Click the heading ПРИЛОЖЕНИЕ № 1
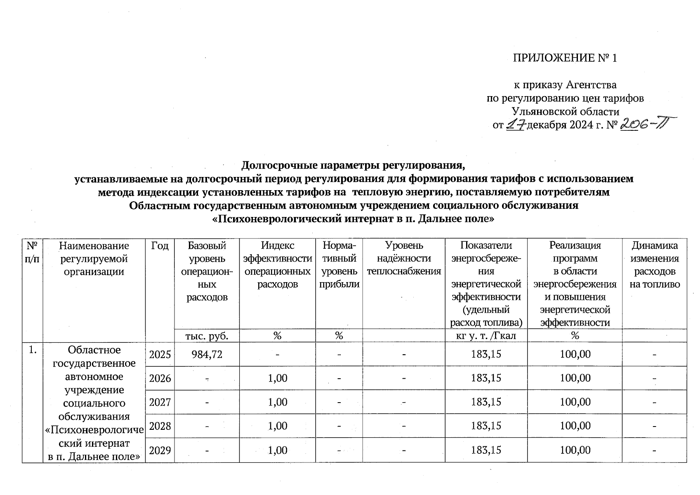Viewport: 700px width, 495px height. (565, 58)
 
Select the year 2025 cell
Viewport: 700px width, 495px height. (160, 354)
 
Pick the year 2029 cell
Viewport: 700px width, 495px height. (160, 450)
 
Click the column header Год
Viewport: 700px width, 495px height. (160, 246)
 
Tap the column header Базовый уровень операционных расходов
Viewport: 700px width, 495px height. (207, 271)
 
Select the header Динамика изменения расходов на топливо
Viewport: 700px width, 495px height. (655, 265)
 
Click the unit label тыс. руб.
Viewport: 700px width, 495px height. (207, 336)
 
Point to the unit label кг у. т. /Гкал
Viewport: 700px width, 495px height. (486, 336)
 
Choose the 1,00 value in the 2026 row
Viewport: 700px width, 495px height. (278, 378)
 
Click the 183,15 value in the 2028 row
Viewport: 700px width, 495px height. (486, 426)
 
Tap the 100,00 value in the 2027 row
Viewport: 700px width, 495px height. (575, 402)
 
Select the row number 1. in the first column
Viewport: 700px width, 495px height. (32, 350)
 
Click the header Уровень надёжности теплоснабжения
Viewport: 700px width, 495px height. (404, 258)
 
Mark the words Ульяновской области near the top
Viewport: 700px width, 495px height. (565, 111)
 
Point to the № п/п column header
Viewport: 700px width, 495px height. (32, 252)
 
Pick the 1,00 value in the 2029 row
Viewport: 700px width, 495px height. (278, 450)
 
